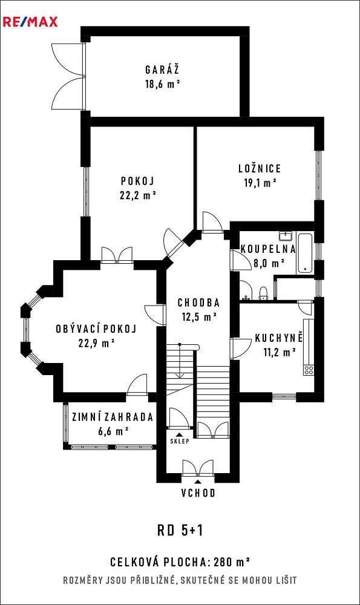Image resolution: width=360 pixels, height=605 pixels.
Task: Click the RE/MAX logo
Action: click(x=30, y=22)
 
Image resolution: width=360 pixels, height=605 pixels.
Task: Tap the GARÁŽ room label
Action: click(x=162, y=70)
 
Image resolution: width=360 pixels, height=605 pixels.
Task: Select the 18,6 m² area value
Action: click(x=163, y=83)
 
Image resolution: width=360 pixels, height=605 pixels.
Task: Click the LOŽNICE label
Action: click(x=260, y=168)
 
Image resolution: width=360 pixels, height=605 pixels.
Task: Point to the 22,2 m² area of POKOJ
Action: click(x=138, y=195)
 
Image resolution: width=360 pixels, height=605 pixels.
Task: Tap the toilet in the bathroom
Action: click(x=263, y=293)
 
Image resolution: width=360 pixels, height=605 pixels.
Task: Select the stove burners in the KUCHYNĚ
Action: click(x=309, y=370)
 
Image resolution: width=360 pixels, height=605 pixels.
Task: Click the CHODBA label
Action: click(x=198, y=303)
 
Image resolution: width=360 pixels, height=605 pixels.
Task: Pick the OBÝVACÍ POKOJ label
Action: click(x=96, y=329)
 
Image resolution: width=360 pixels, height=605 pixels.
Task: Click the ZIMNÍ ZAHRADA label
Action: click(x=113, y=417)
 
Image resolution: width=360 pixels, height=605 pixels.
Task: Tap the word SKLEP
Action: click(x=180, y=441)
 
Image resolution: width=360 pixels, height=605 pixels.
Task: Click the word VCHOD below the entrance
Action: click(x=198, y=492)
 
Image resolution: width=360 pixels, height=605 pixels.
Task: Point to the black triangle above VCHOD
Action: click(x=198, y=482)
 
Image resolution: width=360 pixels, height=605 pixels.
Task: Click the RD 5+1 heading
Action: click(x=180, y=531)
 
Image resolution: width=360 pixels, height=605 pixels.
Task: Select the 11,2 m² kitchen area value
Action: click(x=280, y=352)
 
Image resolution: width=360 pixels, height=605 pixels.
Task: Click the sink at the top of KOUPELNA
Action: click(x=286, y=236)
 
